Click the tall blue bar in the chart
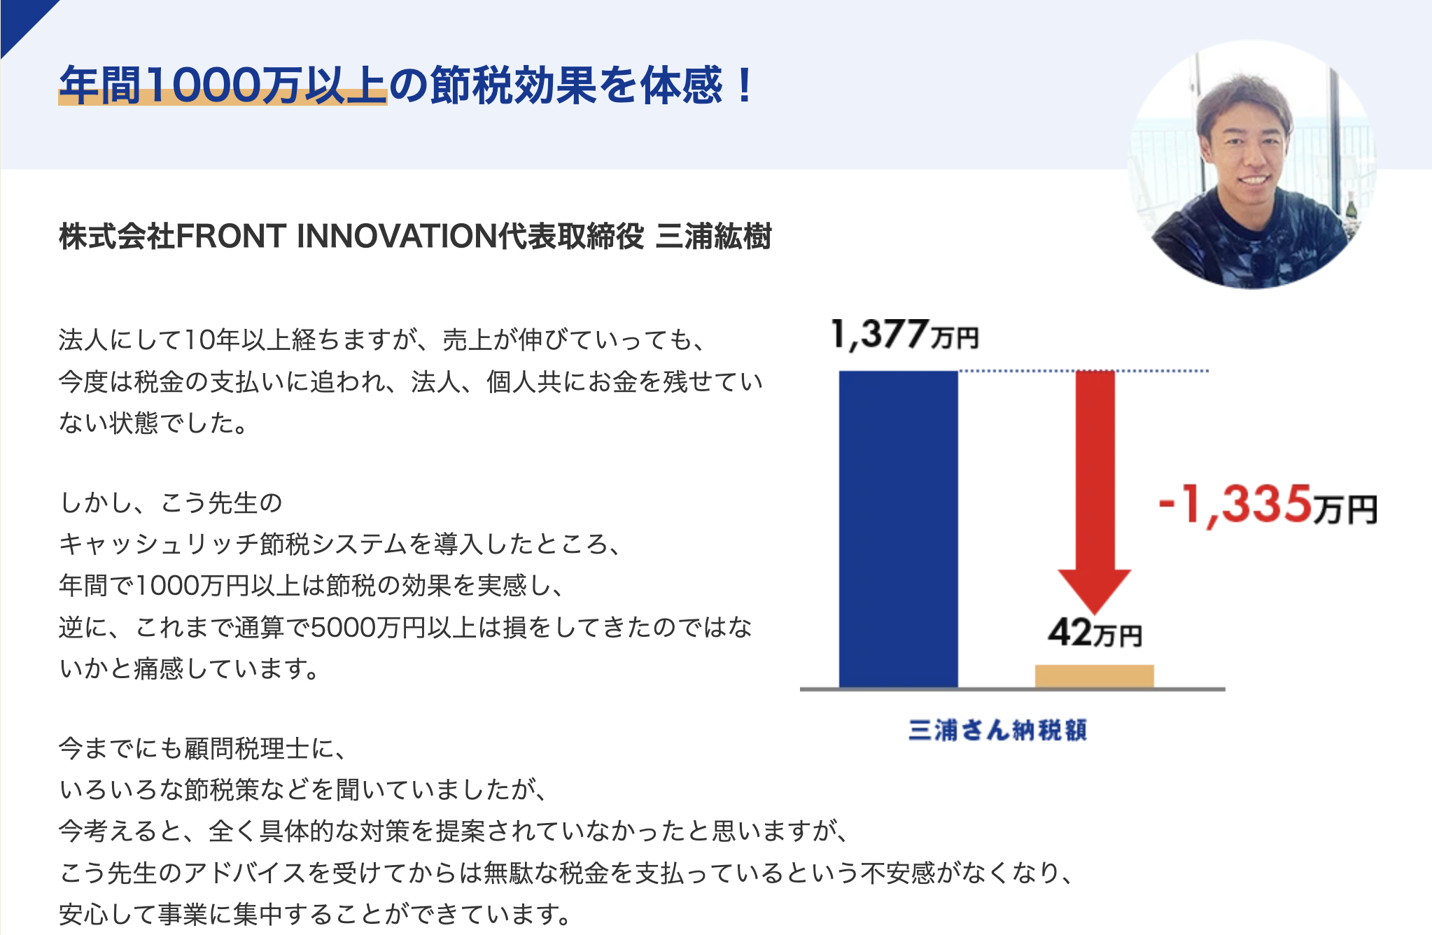tap(899, 529)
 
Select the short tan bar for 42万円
tap(1095, 676)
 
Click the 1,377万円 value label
tap(904, 334)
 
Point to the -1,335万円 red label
tap(1268, 505)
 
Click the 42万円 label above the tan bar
tap(1095, 632)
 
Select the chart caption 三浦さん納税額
tap(997, 730)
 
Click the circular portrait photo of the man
tap(1252, 164)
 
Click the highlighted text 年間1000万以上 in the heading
tap(223, 85)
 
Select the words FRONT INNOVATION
tap(337, 237)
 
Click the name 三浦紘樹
tap(714, 237)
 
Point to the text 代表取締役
tap(571, 237)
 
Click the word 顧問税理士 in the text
tap(247, 749)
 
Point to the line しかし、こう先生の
tap(171, 502)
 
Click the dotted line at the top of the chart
tap(1083, 370)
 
